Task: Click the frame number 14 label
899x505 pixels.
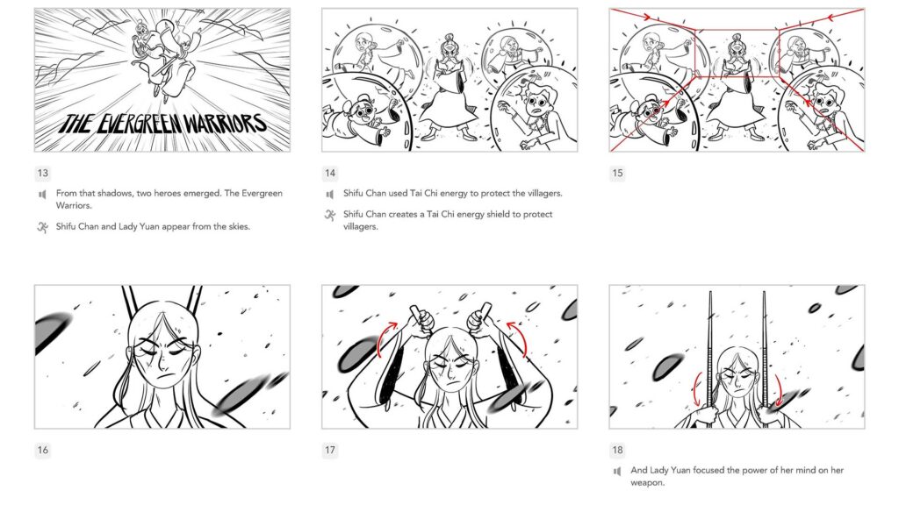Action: [x=330, y=174]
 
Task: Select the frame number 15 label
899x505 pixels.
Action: [x=617, y=174]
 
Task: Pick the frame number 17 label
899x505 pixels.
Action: [x=330, y=451]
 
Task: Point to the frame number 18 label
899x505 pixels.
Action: [x=617, y=451]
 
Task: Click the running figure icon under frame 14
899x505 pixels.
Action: [x=330, y=215]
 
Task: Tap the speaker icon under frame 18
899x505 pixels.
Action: [x=617, y=471]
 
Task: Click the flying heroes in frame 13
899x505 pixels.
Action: [x=163, y=53]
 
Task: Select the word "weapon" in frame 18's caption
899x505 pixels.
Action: [x=650, y=482]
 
